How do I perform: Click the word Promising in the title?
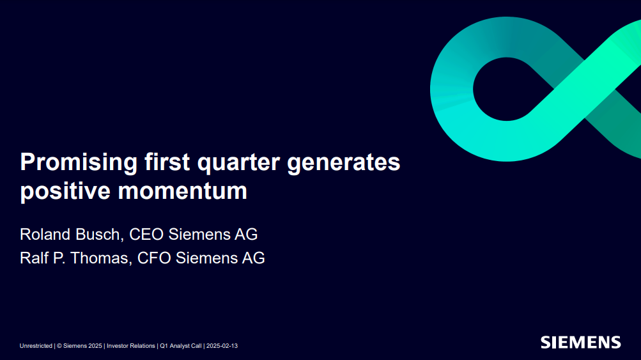pyautogui.click(x=79, y=162)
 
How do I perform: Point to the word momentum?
pyautogui.click(x=182, y=191)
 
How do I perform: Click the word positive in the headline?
pyautogui.click(x=65, y=191)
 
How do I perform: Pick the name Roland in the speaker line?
pyautogui.click(x=45, y=235)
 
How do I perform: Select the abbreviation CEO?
pyautogui.click(x=146, y=235)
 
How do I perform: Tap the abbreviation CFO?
pyautogui.click(x=154, y=258)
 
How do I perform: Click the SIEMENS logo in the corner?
pyautogui.click(x=580, y=342)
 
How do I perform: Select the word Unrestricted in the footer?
pyautogui.click(x=36, y=346)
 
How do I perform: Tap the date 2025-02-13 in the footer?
pyautogui.click(x=222, y=346)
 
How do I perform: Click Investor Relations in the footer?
pyautogui.click(x=131, y=346)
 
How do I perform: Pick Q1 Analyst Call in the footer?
pyautogui.click(x=181, y=346)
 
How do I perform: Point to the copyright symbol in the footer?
pyautogui.click(x=59, y=346)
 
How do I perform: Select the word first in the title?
pyautogui.click(x=167, y=162)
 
